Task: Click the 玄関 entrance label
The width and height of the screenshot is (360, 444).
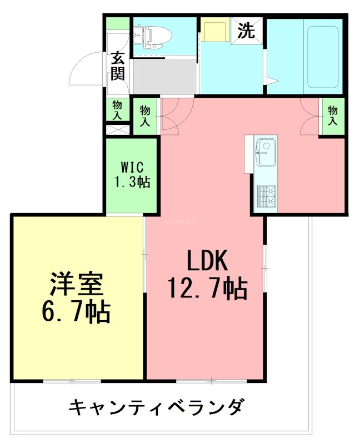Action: (x=117, y=65)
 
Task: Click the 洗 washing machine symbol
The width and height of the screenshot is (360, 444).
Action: (x=246, y=31)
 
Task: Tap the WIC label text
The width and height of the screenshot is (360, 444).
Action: (x=132, y=167)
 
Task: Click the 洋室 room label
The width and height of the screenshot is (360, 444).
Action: (x=76, y=284)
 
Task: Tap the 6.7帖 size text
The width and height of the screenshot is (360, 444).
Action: (x=76, y=312)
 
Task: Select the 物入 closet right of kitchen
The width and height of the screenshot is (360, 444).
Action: (x=332, y=115)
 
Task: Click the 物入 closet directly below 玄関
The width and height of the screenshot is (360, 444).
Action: (x=117, y=110)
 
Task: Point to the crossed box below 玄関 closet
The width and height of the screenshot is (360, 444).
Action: (x=117, y=130)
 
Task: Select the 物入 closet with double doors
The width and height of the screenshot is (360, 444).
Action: (x=145, y=115)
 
